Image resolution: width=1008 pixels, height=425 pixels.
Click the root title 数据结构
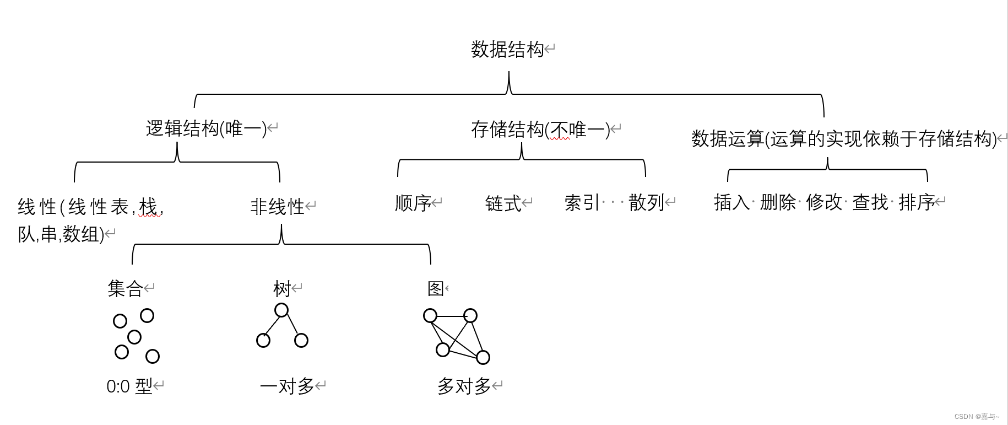507,50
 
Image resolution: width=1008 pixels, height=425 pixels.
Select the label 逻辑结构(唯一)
206,129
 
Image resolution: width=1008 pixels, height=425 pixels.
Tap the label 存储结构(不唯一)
540,130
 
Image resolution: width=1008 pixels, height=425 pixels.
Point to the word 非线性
277,207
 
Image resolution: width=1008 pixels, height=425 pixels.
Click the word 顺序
413,203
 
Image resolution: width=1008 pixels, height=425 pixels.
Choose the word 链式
503,203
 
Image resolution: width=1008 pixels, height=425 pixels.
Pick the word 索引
582,203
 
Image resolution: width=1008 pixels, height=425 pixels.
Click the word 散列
646,203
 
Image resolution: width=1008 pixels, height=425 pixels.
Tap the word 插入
731,203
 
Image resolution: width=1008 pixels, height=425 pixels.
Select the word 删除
778,203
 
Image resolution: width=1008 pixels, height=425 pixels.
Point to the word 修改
824,203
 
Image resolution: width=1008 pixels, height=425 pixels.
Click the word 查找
870,203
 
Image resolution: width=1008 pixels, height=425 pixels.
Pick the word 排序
917,203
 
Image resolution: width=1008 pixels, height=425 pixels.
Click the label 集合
125,288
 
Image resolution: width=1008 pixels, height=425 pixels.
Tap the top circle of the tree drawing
281,310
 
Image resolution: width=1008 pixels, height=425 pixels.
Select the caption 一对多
286,386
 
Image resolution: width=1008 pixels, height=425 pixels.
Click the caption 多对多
464,386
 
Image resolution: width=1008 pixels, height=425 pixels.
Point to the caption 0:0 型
129,386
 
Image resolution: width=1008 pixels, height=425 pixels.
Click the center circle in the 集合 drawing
134,337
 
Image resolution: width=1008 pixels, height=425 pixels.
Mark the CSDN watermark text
976,417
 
